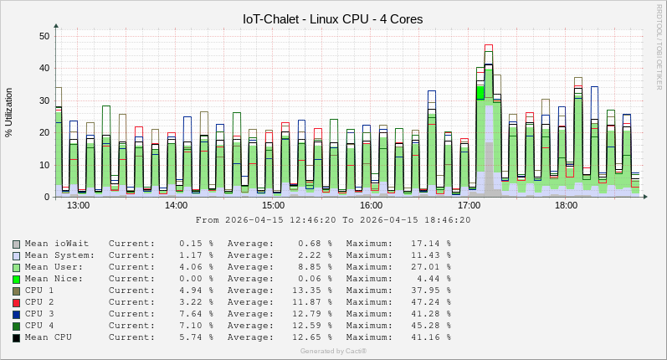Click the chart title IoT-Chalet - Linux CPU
tap(332, 18)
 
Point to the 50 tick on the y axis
tap(44, 36)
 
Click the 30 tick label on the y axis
tap(44, 100)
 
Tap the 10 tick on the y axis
tap(44, 165)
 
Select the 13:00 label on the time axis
tap(78, 205)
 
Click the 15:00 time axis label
tap(274, 205)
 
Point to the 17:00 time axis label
tap(469, 205)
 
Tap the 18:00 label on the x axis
tap(567, 205)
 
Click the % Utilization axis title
tap(9, 112)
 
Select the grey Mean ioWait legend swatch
tap(16, 244)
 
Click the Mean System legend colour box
tap(16, 255)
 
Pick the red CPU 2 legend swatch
tap(16, 302)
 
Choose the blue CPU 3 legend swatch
tap(16, 314)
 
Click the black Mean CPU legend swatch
tap(16, 337)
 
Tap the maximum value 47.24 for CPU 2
tap(431, 302)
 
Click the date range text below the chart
tap(332, 220)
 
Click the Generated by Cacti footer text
tap(333, 351)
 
